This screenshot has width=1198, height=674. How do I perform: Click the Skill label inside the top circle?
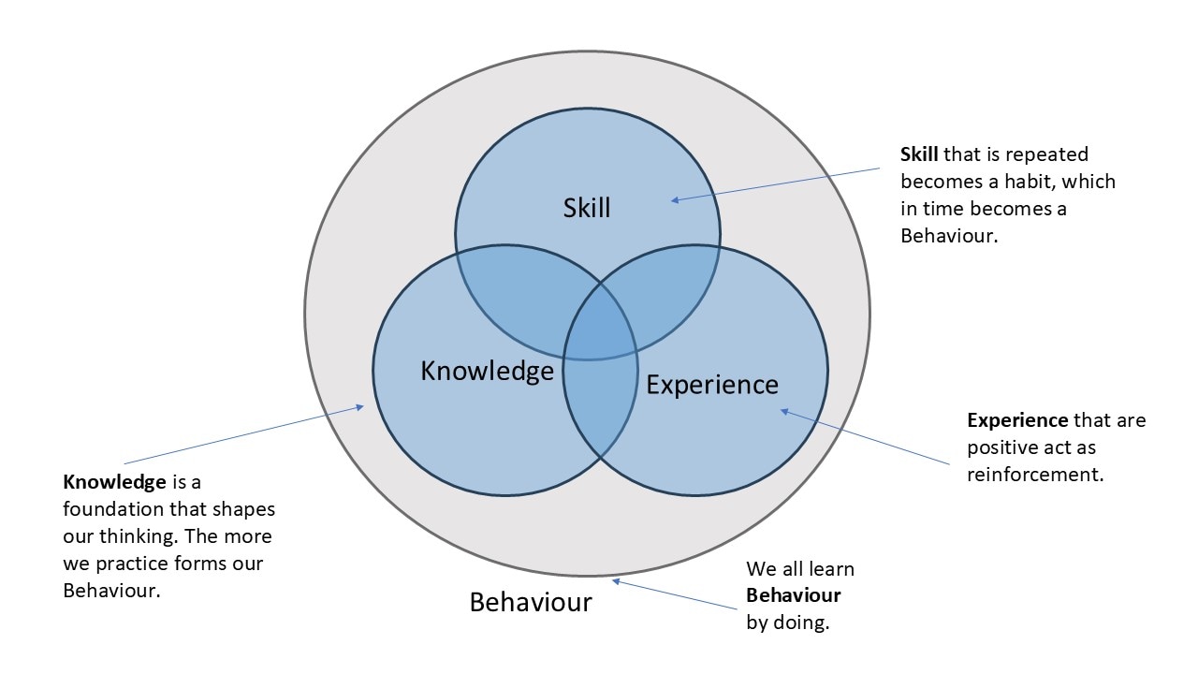(x=587, y=207)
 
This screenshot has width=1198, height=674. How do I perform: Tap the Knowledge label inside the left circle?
(x=487, y=371)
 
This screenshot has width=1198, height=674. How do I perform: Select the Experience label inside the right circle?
(x=712, y=384)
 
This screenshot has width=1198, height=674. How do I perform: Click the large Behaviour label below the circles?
(x=531, y=602)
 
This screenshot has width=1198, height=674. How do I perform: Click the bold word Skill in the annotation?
(x=919, y=154)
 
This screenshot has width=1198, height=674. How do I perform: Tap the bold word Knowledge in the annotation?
(x=114, y=483)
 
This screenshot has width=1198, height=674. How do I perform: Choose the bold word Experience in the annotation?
(x=1017, y=420)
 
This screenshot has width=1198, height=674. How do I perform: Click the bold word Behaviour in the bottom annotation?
(x=793, y=595)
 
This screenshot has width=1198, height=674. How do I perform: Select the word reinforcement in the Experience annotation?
(x=1035, y=475)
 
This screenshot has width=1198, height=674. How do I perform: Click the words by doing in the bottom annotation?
(x=787, y=623)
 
